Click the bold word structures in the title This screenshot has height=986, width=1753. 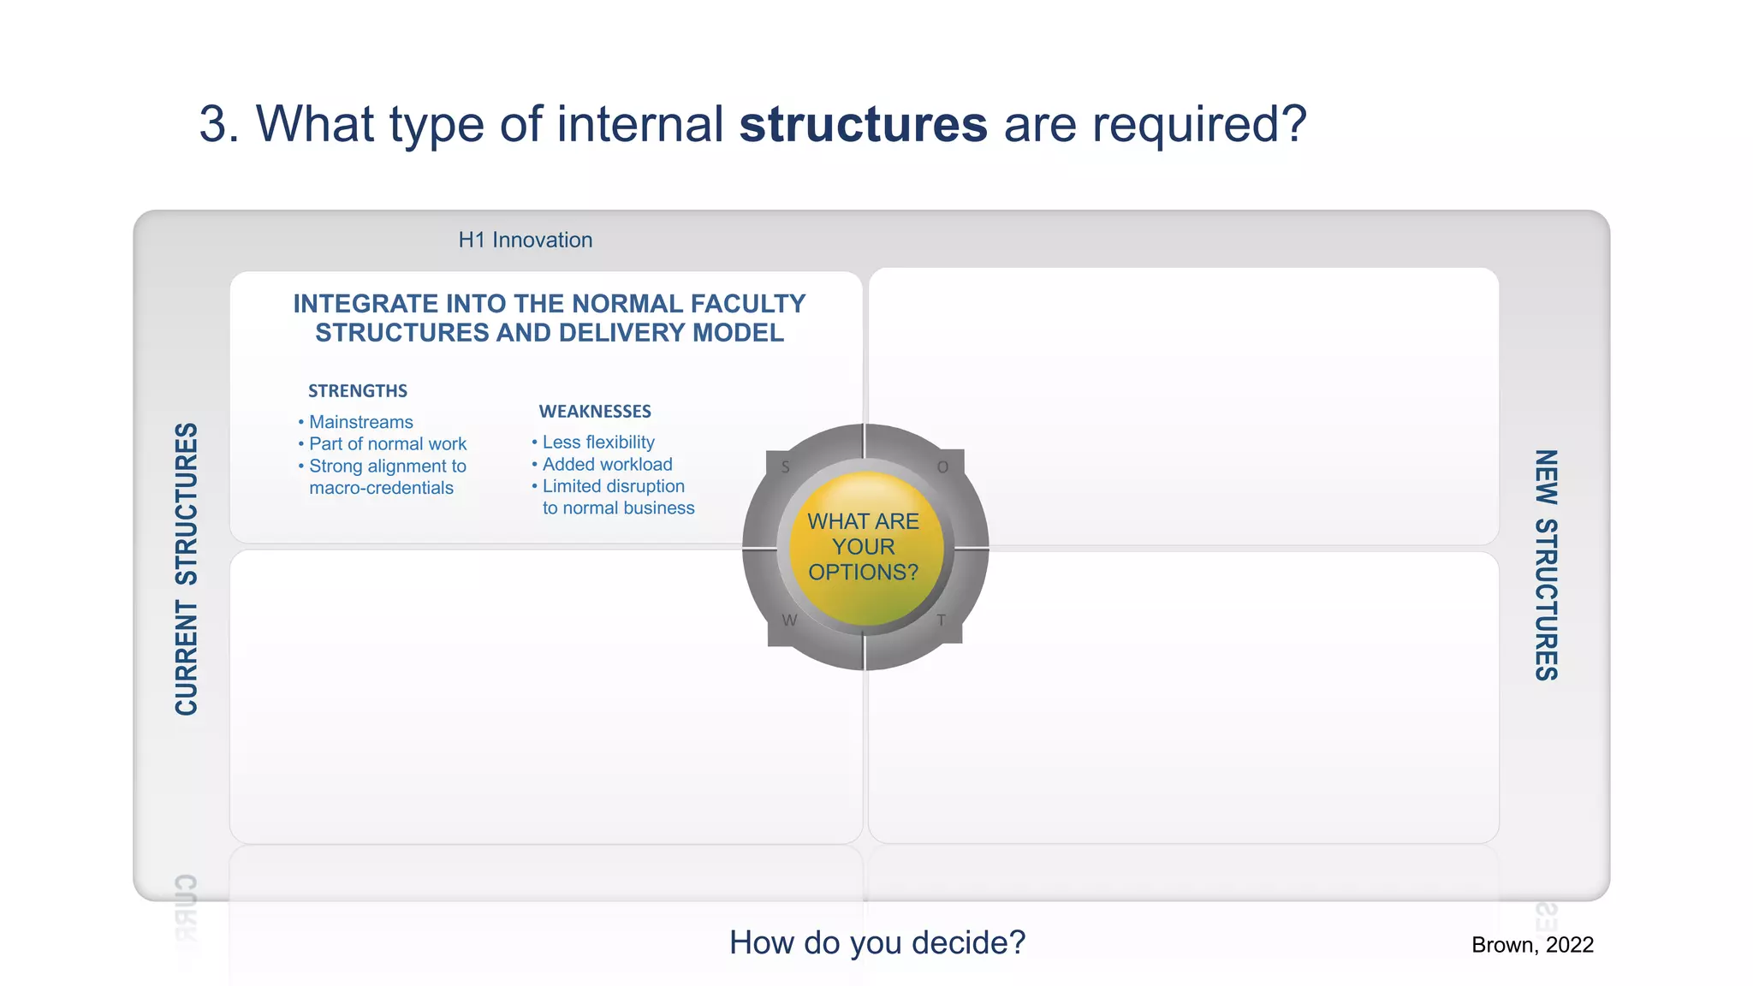tap(863, 125)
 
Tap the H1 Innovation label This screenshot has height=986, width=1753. tap(525, 240)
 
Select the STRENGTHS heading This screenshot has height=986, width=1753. tap(358, 391)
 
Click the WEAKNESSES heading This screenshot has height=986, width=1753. tap(595, 412)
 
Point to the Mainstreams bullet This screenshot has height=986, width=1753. tap(360, 422)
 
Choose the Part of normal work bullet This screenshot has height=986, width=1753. tap(387, 444)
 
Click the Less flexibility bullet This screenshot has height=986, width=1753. tap(597, 443)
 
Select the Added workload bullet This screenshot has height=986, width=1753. tap(607, 465)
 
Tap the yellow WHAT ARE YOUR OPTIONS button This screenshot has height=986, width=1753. tap(864, 547)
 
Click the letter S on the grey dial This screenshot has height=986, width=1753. tap(785, 467)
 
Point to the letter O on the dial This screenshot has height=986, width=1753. tap(942, 467)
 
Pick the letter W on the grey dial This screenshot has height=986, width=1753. tap(789, 621)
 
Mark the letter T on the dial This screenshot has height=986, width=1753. tap(941, 621)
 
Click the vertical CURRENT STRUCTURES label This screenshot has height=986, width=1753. tap(187, 569)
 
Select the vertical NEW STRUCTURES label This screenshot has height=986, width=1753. tap(1545, 565)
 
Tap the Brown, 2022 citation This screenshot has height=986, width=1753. tap(1532, 945)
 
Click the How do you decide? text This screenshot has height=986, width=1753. tap(876, 942)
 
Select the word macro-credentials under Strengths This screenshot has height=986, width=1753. tap(381, 488)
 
